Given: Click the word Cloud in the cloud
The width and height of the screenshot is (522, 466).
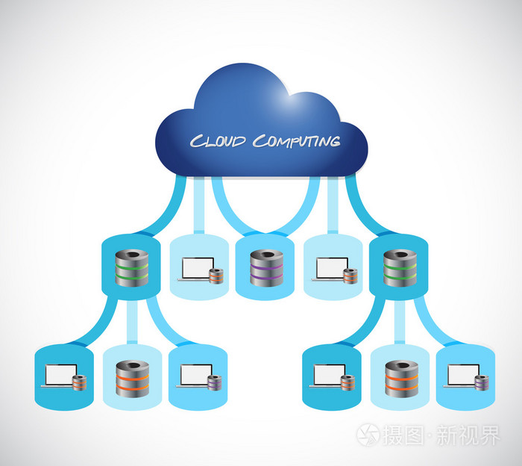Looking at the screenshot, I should (x=218, y=140).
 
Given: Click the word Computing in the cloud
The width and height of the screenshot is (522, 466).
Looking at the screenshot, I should (x=295, y=140).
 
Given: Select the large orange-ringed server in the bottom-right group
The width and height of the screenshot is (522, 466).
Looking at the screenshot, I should (x=398, y=378).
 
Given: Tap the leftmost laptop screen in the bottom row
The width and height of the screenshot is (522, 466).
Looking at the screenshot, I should (x=59, y=373).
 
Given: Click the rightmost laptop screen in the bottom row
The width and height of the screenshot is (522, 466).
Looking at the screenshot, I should (x=460, y=373).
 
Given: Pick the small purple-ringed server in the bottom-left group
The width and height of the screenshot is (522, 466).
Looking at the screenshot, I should (x=214, y=383).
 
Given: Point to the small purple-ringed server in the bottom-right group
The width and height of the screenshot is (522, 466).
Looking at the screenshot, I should (x=481, y=383).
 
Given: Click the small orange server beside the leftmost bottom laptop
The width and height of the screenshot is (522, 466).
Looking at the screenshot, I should (x=80, y=383).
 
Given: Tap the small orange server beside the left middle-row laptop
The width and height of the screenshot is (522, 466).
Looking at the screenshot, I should (x=216, y=276).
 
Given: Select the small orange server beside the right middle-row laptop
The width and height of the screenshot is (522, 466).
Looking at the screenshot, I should (x=349, y=276).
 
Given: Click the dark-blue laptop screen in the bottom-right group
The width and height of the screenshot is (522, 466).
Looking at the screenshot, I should (x=327, y=373).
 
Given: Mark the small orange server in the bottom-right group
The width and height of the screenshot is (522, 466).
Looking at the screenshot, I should (x=347, y=383).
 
